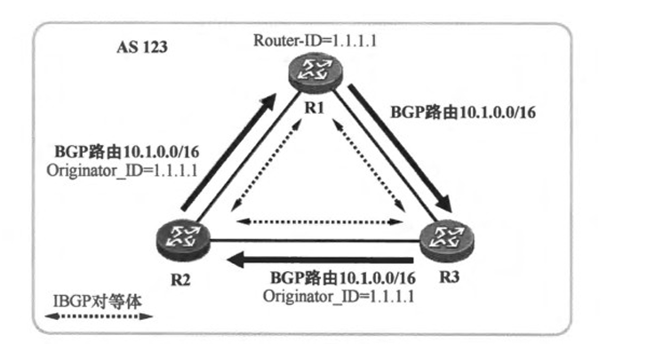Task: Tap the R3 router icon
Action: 444,237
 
